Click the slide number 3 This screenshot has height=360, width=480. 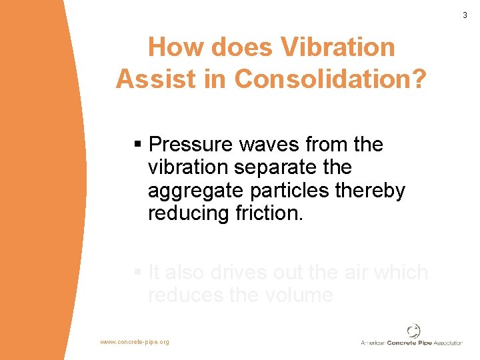(465, 15)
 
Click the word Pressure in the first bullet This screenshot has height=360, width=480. (189, 145)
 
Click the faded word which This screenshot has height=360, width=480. (400, 273)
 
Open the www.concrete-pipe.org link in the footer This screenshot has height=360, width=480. (135, 342)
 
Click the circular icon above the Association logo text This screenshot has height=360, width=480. (414, 330)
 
